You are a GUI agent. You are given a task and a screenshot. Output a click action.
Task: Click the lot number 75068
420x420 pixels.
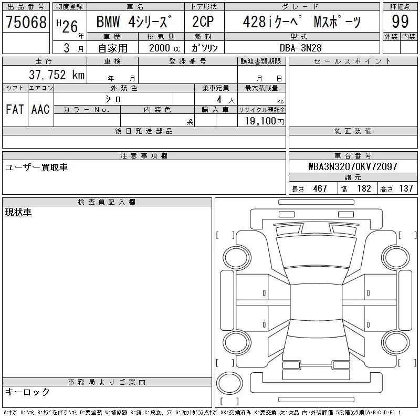(x=26, y=22)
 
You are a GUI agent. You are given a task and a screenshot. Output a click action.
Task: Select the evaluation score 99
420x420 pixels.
(x=400, y=22)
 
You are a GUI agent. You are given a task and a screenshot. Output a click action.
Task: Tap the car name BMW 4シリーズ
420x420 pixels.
(x=134, y=22)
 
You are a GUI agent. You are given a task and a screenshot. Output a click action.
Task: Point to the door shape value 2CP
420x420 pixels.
(x=203, y=22)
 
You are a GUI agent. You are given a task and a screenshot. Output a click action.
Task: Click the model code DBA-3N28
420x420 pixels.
(x=300, y=48)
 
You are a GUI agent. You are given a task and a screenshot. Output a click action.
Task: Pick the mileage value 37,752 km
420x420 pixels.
(x=57, y=75)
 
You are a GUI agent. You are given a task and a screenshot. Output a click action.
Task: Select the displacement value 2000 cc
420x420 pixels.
(x=164, y=48)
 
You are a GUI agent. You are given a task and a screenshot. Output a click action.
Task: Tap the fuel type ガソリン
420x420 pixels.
(x=205, y=48)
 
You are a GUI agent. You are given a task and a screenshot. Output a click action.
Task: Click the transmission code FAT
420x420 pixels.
(x=15, y=109)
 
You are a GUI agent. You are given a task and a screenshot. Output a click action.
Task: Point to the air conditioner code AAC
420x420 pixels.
(x=40, y=109)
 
